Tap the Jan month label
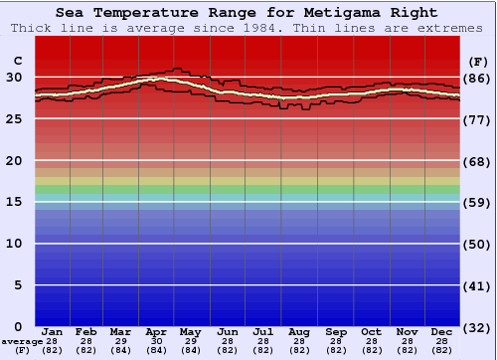click(x=53, y=331)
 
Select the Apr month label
click(x=156, y=331)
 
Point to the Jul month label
click(x=263, y=331)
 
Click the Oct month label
click(x=371, y=331)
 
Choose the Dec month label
click(x=442, y=331)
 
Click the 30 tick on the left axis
click(x=14, y=77)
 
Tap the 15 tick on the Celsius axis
click(x=14, y=202)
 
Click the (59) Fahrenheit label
click(x=477, y=202)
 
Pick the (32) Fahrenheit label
click(x=477, y=327)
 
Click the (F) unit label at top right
click(x=477, y=60)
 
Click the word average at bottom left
click(x=22, y=341)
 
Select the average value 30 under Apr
click(x=156, y=341)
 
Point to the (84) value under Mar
click(x=120, y=350)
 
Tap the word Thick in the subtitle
click(x=27, y=28)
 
